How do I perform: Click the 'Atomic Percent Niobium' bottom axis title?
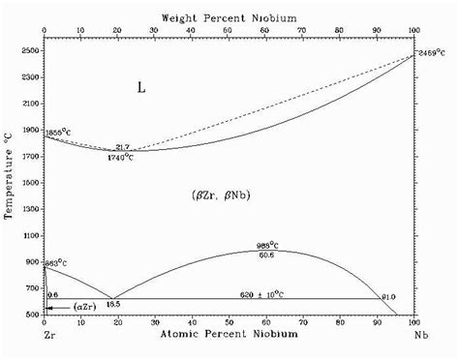(x=229, y=335)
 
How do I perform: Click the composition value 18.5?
(x=113, y=305)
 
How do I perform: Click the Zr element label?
(x=45, y=335)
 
